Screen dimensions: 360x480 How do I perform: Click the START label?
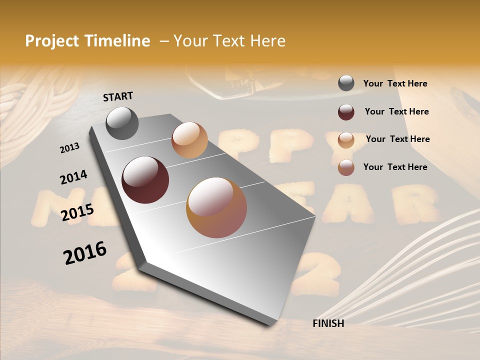118,96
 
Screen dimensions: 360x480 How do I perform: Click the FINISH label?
328,323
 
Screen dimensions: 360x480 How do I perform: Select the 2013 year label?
69,148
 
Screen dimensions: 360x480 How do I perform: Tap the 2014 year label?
73,177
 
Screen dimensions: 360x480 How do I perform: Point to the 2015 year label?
77,212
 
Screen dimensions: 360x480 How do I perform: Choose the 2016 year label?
85,253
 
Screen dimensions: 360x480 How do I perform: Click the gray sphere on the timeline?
122,123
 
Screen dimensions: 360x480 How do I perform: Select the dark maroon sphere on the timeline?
145,180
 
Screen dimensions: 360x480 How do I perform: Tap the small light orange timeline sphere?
189,140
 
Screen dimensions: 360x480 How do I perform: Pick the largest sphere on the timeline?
216,207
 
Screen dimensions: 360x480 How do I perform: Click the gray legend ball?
346,83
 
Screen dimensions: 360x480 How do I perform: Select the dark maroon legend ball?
346,112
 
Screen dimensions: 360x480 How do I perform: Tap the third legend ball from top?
346,140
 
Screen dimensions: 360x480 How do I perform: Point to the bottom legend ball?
346,167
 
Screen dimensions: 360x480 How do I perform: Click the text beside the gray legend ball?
395,83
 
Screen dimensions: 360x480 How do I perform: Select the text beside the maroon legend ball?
396,111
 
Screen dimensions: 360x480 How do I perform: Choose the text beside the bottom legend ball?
395,167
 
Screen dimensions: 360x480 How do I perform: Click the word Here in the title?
267,41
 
